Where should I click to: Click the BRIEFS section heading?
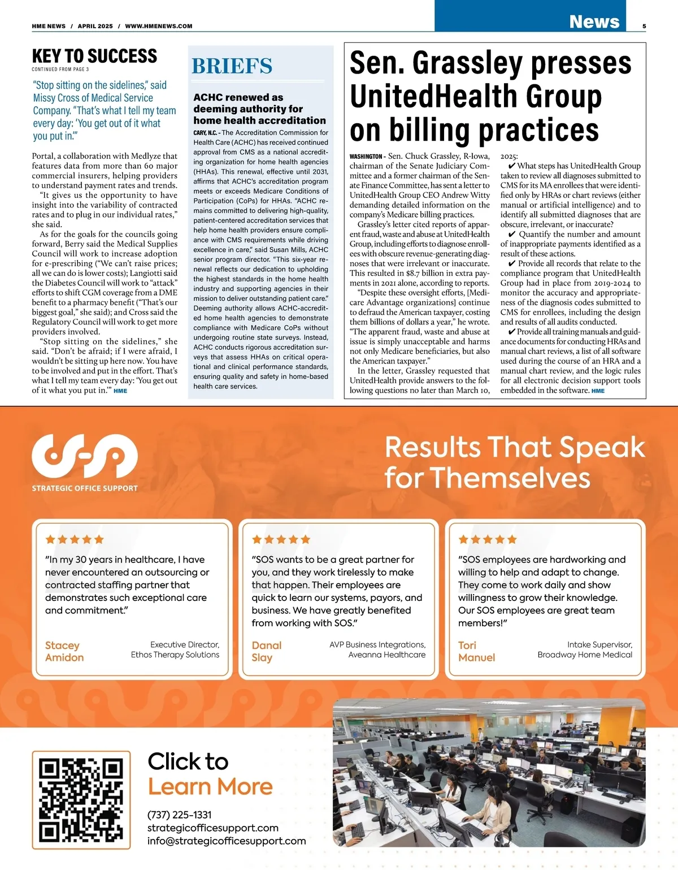232,66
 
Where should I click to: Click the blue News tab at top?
594,21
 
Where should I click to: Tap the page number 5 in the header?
644,26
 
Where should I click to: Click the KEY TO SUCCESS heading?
94,56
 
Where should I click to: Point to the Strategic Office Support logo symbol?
85,456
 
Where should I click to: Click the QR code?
81,800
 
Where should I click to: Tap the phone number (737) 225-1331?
180,815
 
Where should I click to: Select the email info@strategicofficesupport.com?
227,841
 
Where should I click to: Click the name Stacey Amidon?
64,651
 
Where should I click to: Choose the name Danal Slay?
266,651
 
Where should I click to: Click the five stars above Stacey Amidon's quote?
75,539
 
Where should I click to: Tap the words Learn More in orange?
210,786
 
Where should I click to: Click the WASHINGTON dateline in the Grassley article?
366,157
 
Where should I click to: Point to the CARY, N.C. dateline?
206,133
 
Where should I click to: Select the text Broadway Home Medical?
585,655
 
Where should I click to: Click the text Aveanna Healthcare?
387,655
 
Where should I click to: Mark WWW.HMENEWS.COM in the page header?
159,26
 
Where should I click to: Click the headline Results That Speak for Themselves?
514,462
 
